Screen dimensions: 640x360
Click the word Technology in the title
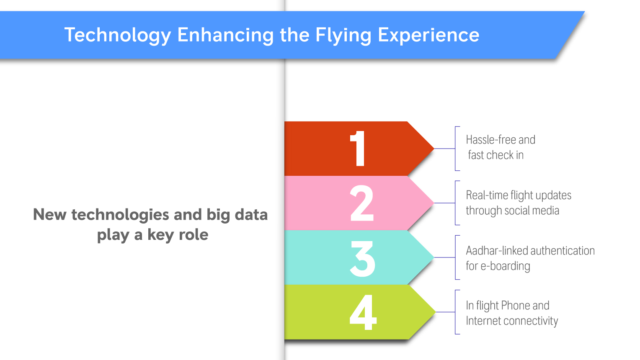point(117,36)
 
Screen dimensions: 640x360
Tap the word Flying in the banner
point(343,36)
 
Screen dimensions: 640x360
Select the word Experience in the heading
point(428,36)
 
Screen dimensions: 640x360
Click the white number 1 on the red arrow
point(358,149)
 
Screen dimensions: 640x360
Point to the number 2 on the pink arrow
point(362,203)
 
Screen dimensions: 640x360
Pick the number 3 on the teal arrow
point(363,259)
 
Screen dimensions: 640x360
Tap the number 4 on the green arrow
point(363,312)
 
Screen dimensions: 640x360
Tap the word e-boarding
point(506,266)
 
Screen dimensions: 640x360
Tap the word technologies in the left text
point(120,215)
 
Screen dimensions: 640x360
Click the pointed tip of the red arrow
point(434,149)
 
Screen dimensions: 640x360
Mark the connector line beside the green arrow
point(445,312)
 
